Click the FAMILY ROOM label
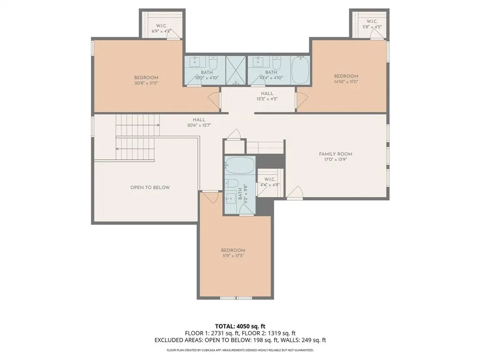pos(335,154)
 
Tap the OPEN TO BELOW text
pos(150,187)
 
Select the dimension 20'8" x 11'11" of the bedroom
pos(146,83)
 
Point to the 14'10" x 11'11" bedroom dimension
pos(346,82)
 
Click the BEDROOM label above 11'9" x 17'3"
pos(233,250)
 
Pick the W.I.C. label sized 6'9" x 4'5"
pos(161,26)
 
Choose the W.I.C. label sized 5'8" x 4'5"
pos(372,22)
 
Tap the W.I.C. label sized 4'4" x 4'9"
pos(270,180)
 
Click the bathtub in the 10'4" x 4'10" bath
pos(300,70)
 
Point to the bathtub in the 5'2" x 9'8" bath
pos(240,166)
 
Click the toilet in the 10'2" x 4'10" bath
pos(213,63)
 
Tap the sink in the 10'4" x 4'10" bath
pos(257,61)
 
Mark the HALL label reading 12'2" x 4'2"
pos(267,94)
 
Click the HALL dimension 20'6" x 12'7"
pos(199,125)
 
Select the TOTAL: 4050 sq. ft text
pos(240,326)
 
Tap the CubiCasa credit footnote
pos(240,350)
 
